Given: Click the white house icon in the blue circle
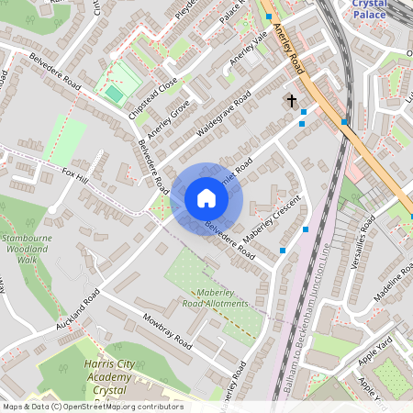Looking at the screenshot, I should click(206, 198).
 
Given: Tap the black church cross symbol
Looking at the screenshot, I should click(292, 100).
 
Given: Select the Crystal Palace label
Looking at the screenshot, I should click(370, 9).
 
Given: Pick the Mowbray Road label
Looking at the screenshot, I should click(166, 333).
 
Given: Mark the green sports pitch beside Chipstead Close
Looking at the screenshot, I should click(114, 94).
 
